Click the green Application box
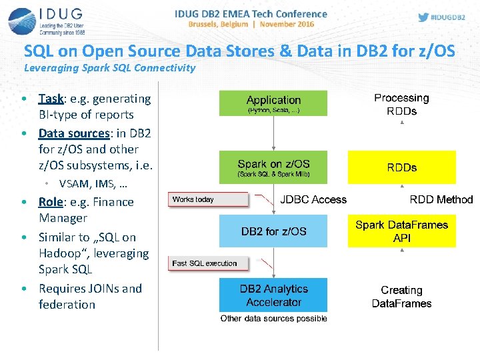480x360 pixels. [x=273, y=103]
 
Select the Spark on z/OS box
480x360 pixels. [x=273, y=167]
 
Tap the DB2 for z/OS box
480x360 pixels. [x=273, y=231]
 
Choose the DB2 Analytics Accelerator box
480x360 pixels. [x=273, y=295]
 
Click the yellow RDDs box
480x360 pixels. [x=401, y=167]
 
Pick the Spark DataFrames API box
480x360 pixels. [x=401, y=231]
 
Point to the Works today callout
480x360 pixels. [x=207, y=199]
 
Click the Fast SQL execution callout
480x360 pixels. [x=207, y=263]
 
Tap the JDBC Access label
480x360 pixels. [x=313, y=199]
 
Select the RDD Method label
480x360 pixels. [x=441, y=199]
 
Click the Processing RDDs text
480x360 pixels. [x=401, y=104]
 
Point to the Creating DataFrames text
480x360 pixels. [x=401, y=297]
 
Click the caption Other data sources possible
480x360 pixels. [x=273, y=319]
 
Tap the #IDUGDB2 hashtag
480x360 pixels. [x=449, y=17]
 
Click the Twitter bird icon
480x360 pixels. [x=423, y=17]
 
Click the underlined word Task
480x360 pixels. [x=51, y=99]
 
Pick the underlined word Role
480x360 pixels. [x=51, y=202]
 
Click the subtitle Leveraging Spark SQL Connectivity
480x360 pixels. [x=110, y=67]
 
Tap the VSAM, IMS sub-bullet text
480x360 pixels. [x=93, y=183]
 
